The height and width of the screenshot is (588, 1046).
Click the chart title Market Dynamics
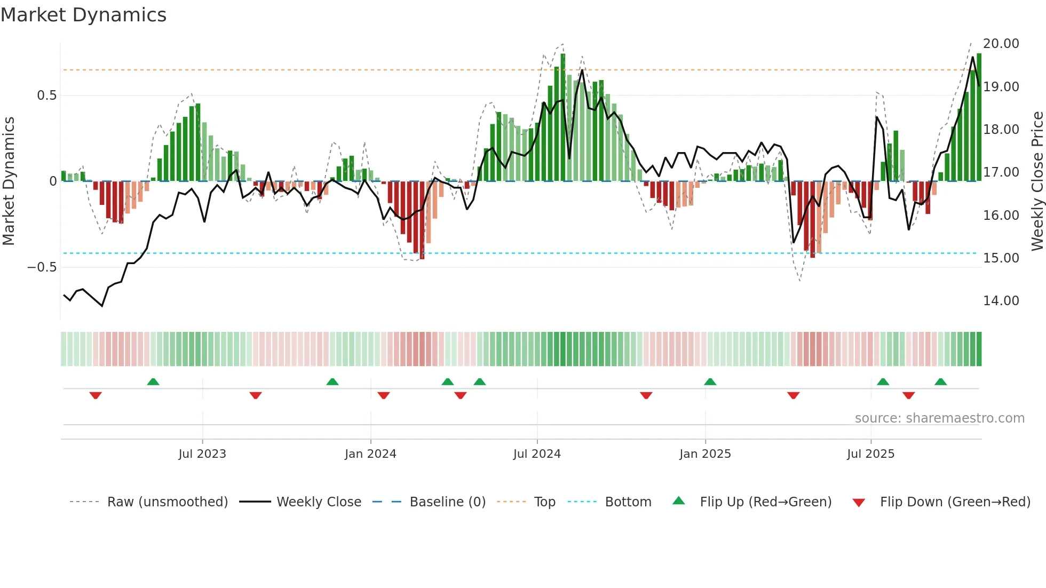pyautogui.click(x=83, y=15)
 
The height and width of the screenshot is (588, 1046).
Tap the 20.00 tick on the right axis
pyautogui.click(x=1001, y=44)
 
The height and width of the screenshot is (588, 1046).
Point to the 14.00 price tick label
pyautogui.click(x=1001, y=301)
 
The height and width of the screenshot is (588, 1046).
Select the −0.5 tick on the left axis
pyautogui.click(x=42, y=267)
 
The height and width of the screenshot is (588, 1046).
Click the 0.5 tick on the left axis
pyautogui.click(x=46, y=96)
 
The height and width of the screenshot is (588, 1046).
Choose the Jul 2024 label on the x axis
pyautogui.click(x=537, y=454)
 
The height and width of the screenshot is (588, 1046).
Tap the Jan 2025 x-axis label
pyautogui.click(x=705, y=454)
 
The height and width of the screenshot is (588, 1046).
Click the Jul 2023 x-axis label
pyautogui.click(x=202, y=454)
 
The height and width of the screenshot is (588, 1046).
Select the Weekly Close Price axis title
pyautogui.click(x=1037, y=181)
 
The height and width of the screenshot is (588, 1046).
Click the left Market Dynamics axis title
pyautogui.click(x=9, y=181)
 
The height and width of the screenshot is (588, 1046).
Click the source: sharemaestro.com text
pyautogui.click(x=939, y=418)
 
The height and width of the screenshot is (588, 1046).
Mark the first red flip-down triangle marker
pyautogui.click(x=96, y=395)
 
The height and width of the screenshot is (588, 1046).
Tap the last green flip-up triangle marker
pyautogui.click(x=940, y=382)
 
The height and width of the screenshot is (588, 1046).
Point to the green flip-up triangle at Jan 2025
pyautogui.click(x=710, y=382)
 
